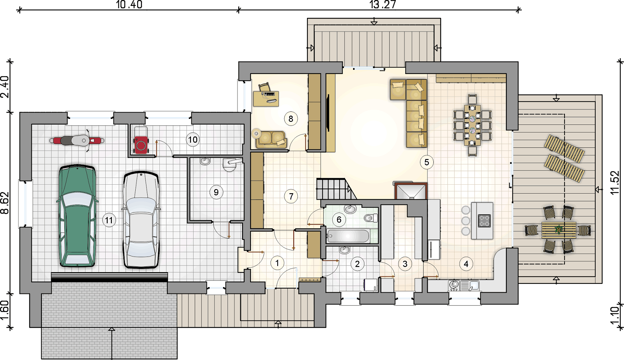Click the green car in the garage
point(77,216)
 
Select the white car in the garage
point(141,220)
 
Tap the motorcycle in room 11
point(77,140)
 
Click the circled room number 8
point(291,119)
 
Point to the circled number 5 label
point(427,162)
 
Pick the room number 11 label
point(109,220)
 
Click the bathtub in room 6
point(348,236)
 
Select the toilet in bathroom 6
point(371,218)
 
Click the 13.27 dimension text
point(382,4)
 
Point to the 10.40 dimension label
point(129,4)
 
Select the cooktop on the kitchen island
point(484,221)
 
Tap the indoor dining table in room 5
point(472,125)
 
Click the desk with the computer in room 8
point(266,98)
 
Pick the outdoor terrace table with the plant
point(559,230)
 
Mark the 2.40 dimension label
point(5,87)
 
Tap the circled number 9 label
point(216,192)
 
